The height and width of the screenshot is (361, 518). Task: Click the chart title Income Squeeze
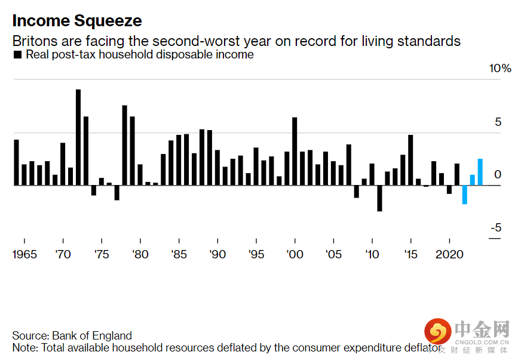pos(77,21)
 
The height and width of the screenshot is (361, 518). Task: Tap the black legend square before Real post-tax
pos(17,55)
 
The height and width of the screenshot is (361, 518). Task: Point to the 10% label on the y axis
pos(500,69)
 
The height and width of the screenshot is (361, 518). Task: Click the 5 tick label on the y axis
pos(498,122)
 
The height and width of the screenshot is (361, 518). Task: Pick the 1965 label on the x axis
pos(24,255)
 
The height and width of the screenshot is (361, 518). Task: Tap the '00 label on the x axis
pos(294,255)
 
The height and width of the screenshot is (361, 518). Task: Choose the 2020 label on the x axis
pos(449,255)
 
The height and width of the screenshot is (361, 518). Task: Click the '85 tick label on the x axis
pos(178,255)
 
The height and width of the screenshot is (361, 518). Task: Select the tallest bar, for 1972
pos(78,137)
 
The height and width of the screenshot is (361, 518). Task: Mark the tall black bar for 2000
pos(295,151)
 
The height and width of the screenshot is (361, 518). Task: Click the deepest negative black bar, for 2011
pos(379,198)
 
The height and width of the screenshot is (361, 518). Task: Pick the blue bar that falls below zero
pos(464,195)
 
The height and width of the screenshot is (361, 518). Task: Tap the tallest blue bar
pos(480,172)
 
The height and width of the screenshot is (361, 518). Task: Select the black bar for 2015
pos(410,160)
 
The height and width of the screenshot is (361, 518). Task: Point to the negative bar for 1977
pos(117,192)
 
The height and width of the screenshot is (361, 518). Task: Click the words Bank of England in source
pos(92,335)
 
